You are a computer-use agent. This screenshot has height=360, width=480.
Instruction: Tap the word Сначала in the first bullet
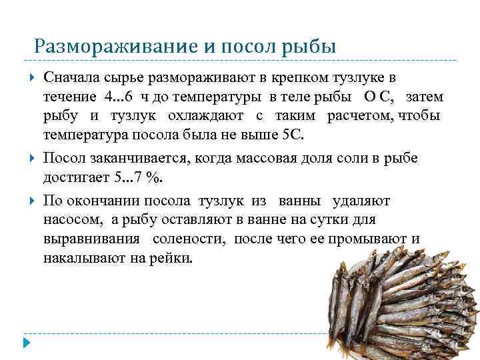[x=68, y=80]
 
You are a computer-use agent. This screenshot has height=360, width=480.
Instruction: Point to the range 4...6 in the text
[x=119, y=98]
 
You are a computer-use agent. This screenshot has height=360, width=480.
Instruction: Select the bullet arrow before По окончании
[x=32, y=201]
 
